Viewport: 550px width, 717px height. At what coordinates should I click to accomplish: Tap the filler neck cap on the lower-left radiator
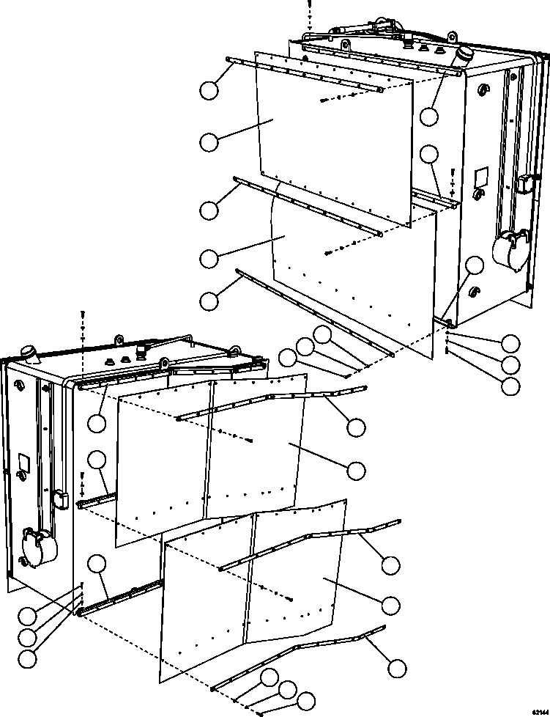click(30, 353)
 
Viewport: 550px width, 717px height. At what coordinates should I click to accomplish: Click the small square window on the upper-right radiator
click(480, 177)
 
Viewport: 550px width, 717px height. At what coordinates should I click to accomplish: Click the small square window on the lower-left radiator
click(23, 463)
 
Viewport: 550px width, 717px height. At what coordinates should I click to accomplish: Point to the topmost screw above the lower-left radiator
click(83, 314)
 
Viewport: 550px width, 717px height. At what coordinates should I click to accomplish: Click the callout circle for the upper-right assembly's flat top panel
click(209, 142)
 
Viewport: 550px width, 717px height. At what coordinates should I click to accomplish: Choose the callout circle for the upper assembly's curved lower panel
click(209, 258)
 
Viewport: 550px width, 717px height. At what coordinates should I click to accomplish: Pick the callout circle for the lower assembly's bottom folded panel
click(391, 604)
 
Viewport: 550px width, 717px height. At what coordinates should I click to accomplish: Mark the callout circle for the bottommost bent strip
click(397, 668)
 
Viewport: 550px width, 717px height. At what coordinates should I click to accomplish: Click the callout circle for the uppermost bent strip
click(357, 428)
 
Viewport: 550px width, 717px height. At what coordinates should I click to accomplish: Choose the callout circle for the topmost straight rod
click(209, 91)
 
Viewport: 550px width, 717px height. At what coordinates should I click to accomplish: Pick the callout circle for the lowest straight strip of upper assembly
click(209, 300)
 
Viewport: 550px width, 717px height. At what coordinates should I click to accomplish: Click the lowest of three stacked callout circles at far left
click(27, 658)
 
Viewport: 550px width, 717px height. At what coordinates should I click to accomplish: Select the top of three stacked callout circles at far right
click(510, 342)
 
